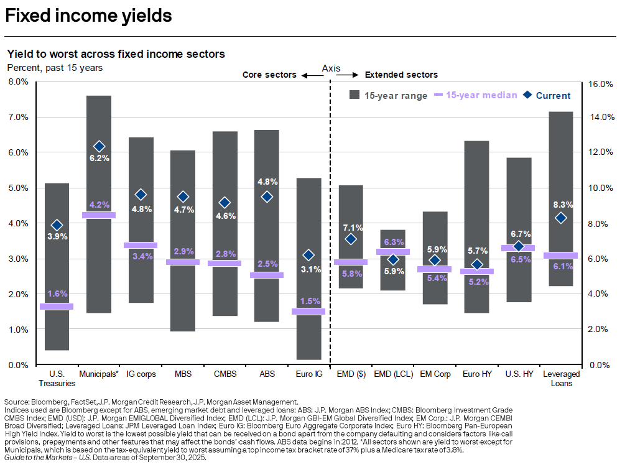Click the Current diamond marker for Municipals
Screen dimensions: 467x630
coord(99,146)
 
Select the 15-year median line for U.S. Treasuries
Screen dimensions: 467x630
coord(57,306)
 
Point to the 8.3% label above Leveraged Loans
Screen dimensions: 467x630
coord(561,205)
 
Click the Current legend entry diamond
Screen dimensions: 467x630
coord(527,95)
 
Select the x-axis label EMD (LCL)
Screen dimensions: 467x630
coord(392,374)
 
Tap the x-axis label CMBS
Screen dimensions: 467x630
coord(225,374)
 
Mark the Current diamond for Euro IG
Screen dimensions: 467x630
coord(308,255)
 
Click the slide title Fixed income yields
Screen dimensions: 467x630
coord(88,16)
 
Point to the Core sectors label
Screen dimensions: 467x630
coord(269,75)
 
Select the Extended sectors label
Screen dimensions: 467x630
coord(401,75)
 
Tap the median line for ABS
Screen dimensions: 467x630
coord(267,275)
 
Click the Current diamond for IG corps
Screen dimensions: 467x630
coord(141,195)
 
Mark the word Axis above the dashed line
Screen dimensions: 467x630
coord(331,68)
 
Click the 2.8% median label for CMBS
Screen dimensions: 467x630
coord(225,254)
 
